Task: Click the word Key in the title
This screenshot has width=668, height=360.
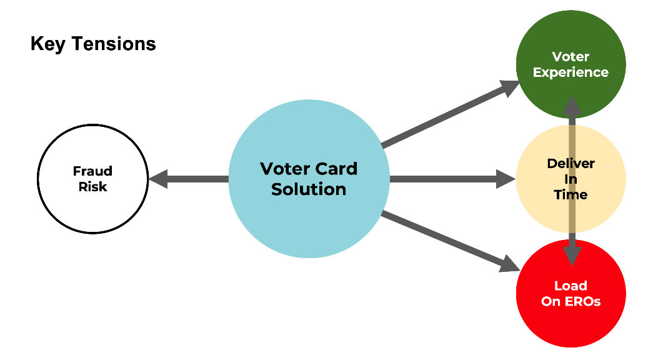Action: click(x=47, y=44)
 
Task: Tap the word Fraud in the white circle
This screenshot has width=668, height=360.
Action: click(x=92, y=171)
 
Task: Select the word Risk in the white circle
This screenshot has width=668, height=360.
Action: click(x=92, y=186)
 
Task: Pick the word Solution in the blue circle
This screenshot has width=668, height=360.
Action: click(x=309, y=189)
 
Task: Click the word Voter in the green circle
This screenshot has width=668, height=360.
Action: click(x=571, y=57)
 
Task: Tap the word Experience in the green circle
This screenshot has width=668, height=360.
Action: click(x=571, y=72)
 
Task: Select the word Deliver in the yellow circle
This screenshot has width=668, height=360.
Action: click(x=571, y=163)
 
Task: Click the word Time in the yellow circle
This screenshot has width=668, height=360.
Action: click(x=571, y=194)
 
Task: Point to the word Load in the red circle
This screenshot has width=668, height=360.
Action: click(x=571, y=286)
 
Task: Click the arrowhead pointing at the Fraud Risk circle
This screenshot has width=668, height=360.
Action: click(x=157, y=179)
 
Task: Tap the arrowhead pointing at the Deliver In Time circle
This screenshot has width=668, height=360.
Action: click(x=507, y=179)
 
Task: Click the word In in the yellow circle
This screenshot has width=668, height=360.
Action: click(x=571, y=179)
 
